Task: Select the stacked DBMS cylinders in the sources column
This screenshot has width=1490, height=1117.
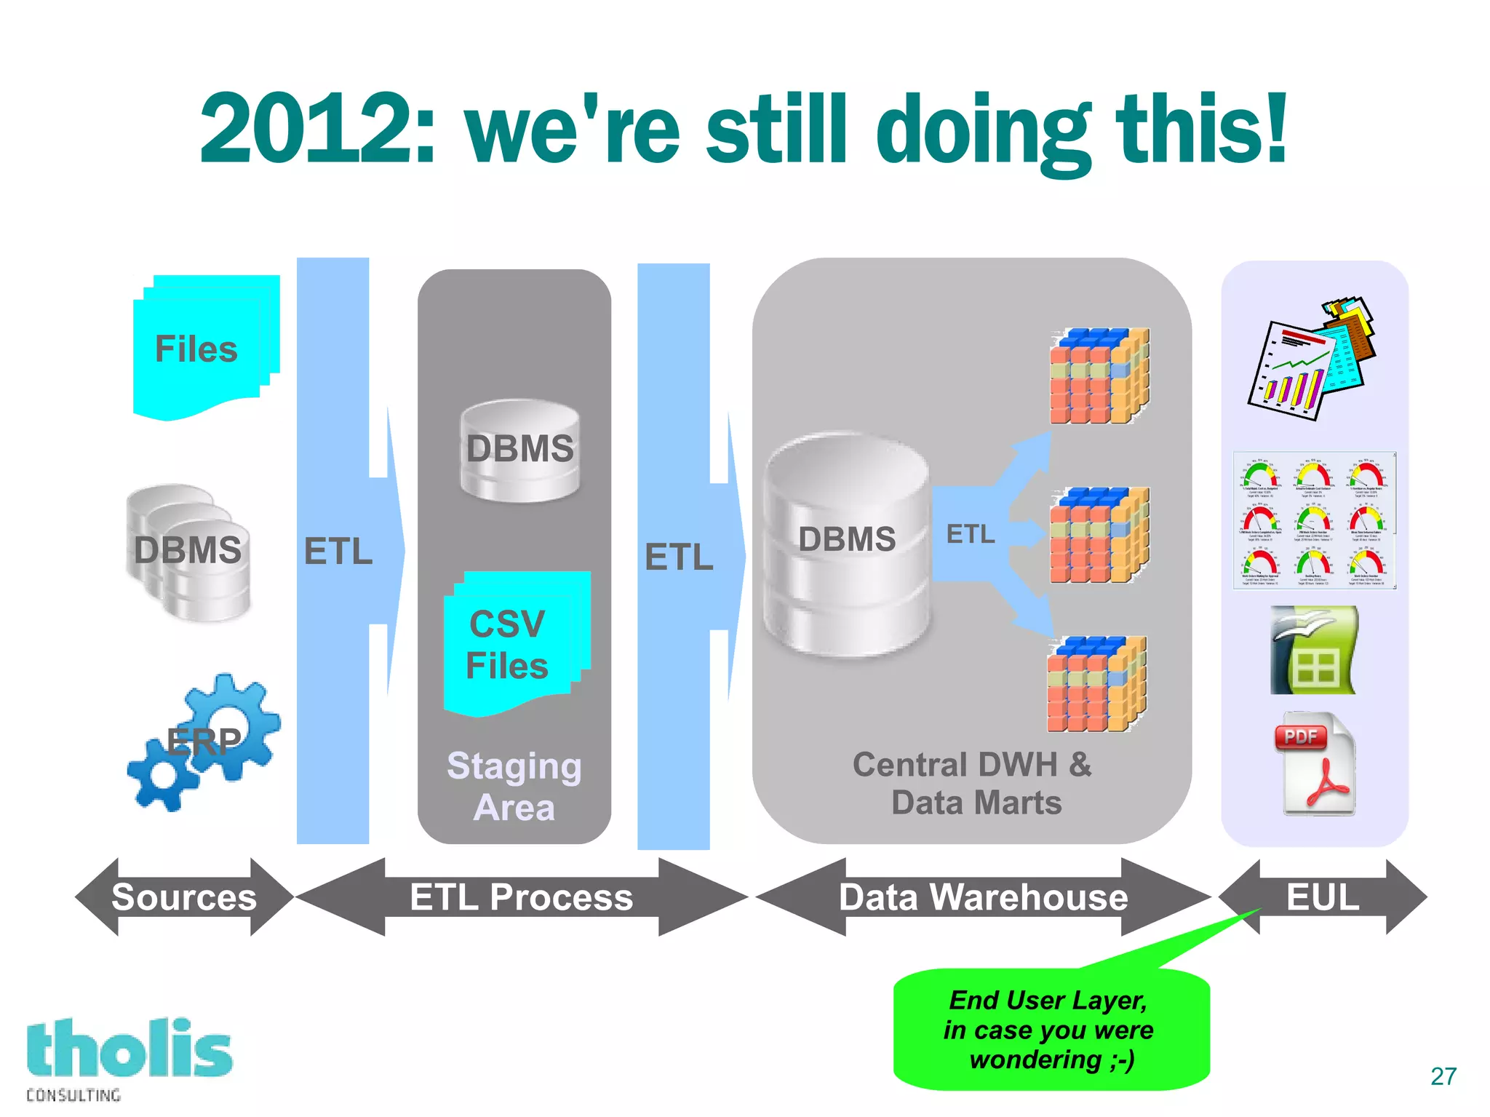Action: click(x=188, y=552)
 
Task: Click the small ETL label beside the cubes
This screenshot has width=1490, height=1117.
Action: click(x=970, y=534)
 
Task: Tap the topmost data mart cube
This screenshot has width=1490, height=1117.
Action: click(x=1099, y=376)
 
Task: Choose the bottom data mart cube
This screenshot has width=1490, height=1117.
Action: click(x=1096, y=684)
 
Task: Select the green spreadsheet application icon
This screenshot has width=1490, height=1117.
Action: click(x=1313, y=650)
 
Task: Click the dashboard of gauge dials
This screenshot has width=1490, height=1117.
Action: click(x=1314, y=520)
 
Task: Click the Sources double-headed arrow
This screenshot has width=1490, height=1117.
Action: click(x=184, y=897)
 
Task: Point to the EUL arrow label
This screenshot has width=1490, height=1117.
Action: click(x=1322, y=897)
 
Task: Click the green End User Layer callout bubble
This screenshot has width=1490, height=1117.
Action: click(x=1051, y=1030)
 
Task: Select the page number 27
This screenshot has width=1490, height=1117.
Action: click(x=1443, y=1076)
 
